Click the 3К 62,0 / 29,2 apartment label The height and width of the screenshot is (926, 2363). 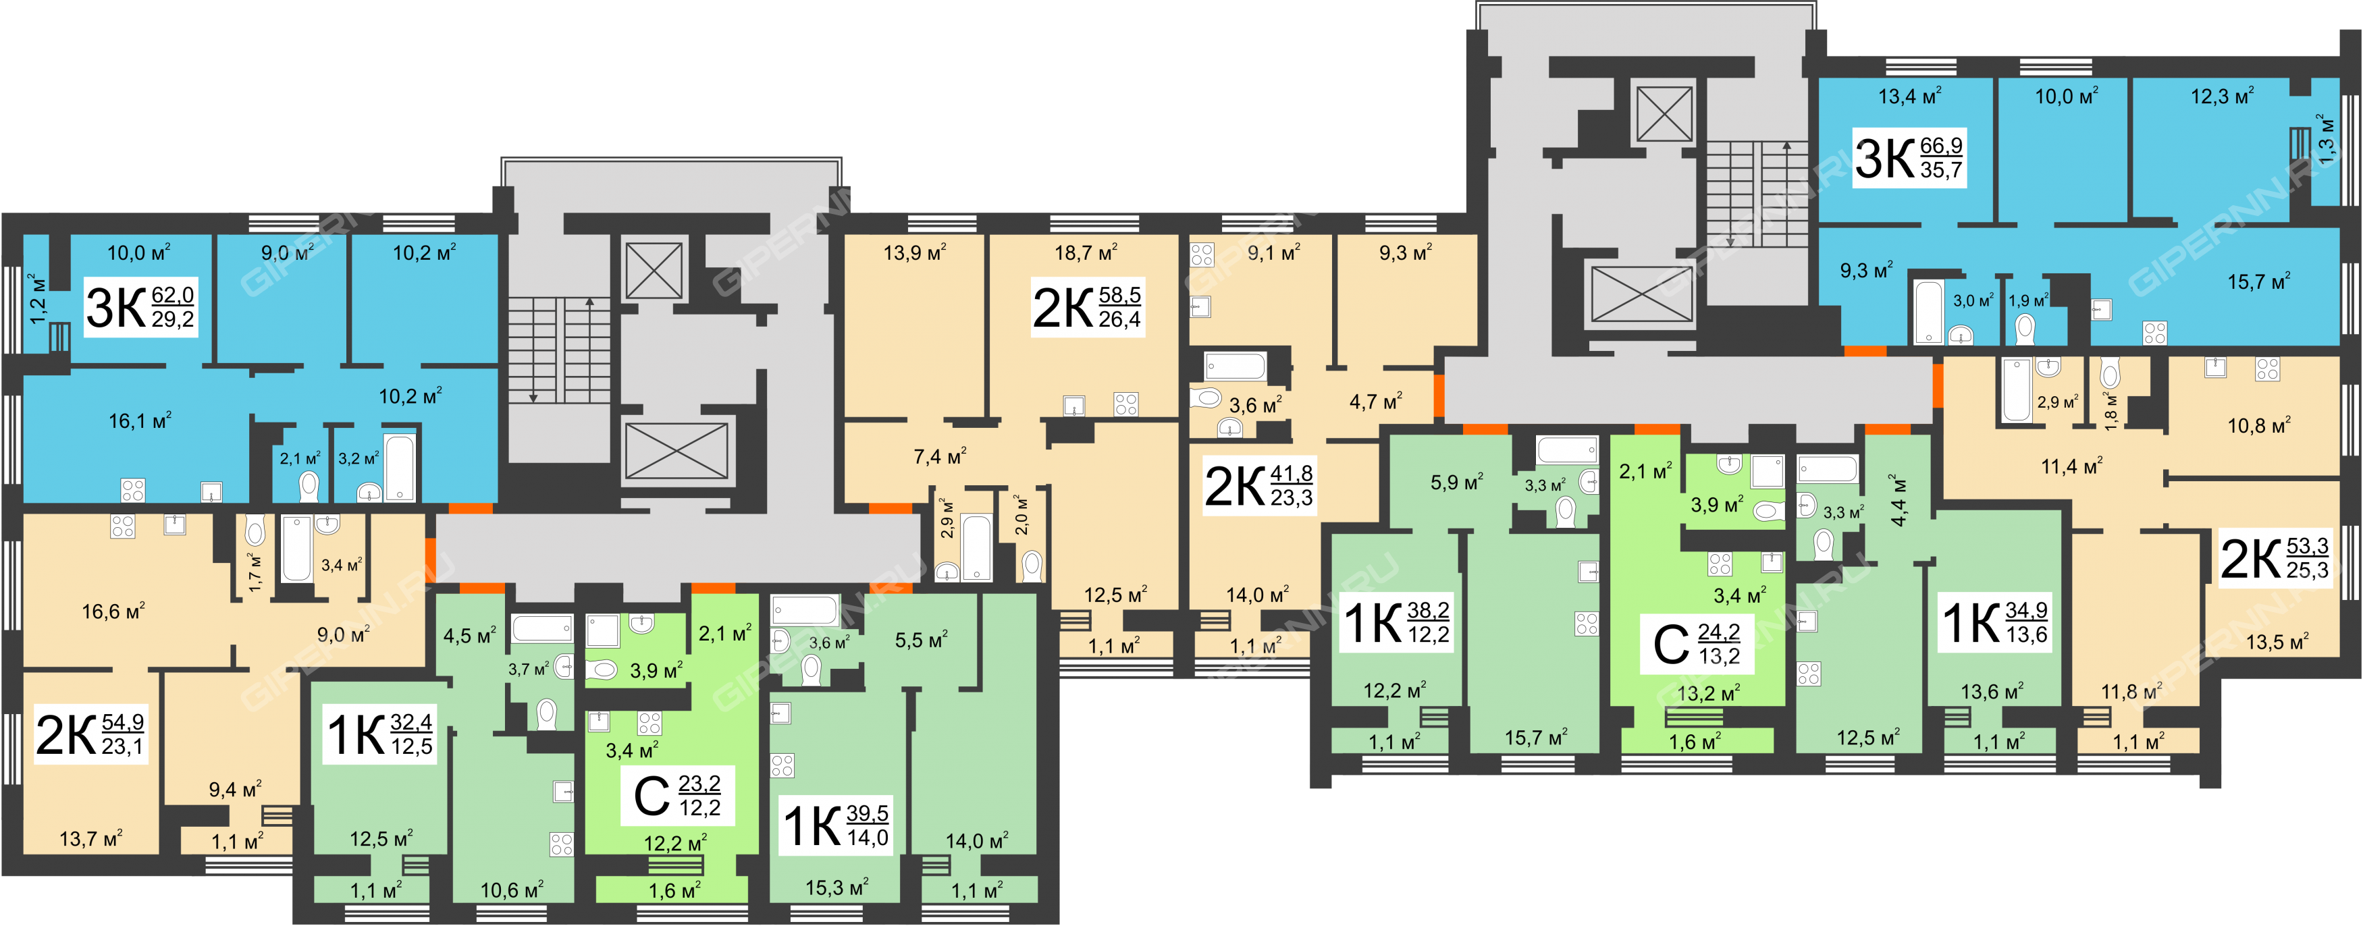coord(140,307)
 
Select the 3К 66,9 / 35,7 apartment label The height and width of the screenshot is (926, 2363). coord(1909,158)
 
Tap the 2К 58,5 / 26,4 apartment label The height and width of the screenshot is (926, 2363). coord(1087,307)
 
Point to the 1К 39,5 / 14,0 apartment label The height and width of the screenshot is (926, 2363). coord(836,825)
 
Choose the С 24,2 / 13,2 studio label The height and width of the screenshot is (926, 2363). coord(1697,644)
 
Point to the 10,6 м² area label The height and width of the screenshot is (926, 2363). coord(512,890)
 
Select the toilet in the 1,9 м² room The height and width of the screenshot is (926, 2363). coord(2025,327)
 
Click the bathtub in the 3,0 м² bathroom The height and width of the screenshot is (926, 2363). coord(1928,312)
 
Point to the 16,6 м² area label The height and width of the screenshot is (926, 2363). coord(113,611)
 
